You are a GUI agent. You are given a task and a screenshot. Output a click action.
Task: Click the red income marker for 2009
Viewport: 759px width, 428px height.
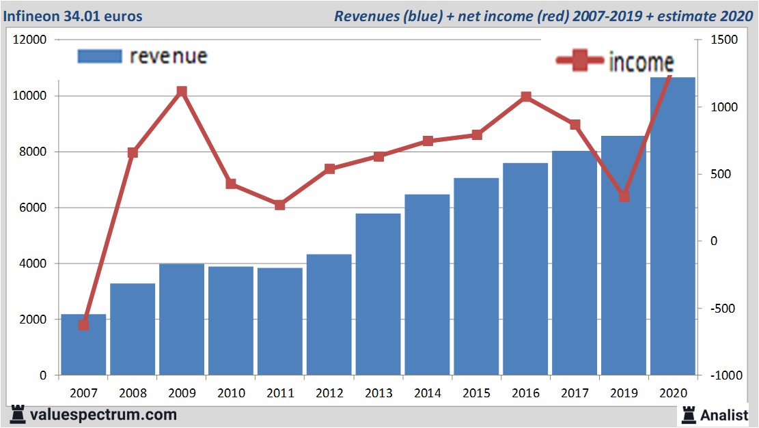pyautogui.click(x=182, y=91)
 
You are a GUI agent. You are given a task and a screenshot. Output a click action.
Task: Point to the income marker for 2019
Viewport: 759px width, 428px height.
pyautogui.click(x=624, y=197)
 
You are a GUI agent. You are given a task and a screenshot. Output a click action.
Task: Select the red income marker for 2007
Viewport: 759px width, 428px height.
pyautogui.click(x=83, y=325)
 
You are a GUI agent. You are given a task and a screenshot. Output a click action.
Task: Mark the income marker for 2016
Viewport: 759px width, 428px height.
pyautogui.click(x=526, y=97)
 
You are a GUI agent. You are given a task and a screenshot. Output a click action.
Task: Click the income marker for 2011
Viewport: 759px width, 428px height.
pyautogui.click(x=279, y=205)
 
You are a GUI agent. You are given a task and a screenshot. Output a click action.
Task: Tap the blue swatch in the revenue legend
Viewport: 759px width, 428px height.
pyautogui.click(x=100, y=56)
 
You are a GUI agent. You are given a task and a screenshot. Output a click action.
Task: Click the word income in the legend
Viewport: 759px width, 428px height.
pyautogui.click(x=641, y=63)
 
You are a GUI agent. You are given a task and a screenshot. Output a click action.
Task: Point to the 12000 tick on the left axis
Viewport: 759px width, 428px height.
pyautogui.click(x=30, y=40)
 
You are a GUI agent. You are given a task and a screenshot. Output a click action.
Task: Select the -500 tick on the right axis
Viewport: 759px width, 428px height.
pyautogui.click(x=724, y=309)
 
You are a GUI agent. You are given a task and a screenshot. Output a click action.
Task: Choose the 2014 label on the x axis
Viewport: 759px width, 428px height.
pyautogui.click(x=427, y=393)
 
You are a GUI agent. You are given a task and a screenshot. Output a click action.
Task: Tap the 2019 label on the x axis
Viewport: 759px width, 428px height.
pyautogui.click(x=624, y=393)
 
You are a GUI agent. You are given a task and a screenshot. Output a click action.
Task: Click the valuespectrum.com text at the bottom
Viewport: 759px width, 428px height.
pyautogui.click(x=103, y=414)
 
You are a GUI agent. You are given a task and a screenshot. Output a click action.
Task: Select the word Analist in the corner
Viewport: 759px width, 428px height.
pyautogui.click(x=724, y=414)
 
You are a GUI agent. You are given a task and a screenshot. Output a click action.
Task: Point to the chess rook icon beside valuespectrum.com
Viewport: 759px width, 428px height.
pyautogui.click(x=18, y=414)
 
